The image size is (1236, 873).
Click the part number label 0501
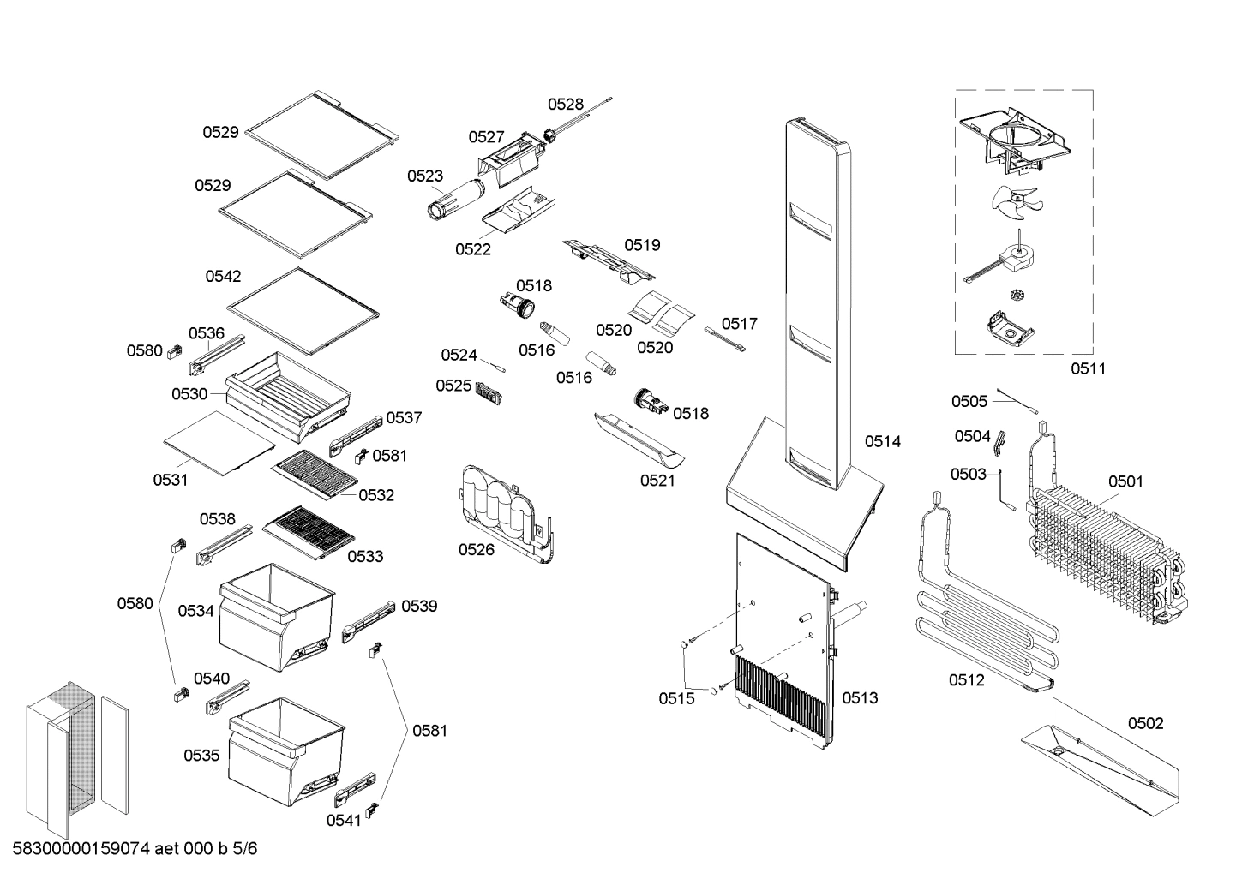tap(1125, 481)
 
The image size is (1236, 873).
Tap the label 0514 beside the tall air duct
tap(882, 441)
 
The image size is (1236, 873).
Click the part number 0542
tap(223, 277)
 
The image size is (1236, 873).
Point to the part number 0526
tap(476, 549)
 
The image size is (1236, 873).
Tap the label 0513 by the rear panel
tap(860, 698)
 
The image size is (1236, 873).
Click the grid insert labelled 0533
tap(309, 531)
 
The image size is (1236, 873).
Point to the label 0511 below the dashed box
tap(1088, 369)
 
